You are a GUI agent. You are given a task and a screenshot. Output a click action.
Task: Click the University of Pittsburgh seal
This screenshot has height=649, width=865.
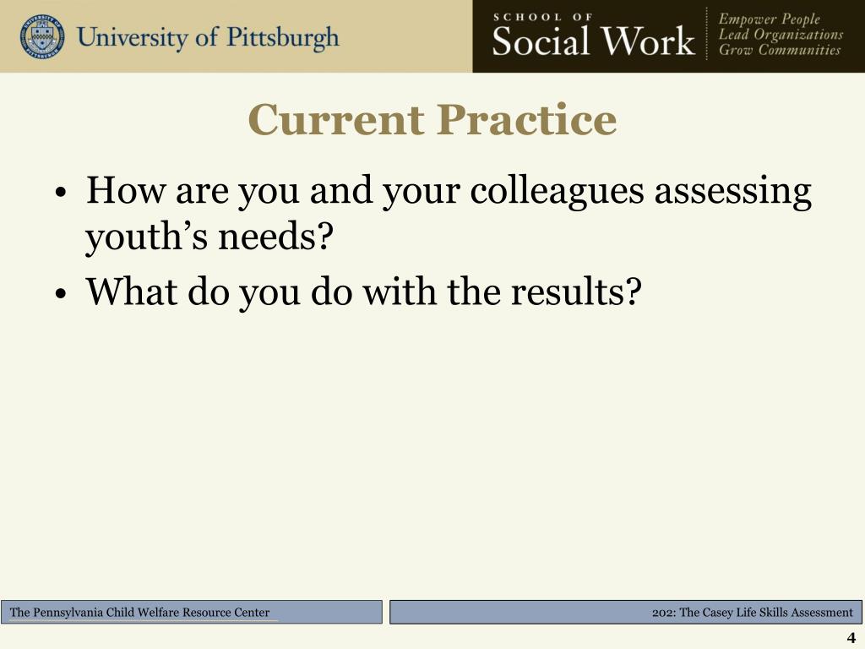tap(41, 36)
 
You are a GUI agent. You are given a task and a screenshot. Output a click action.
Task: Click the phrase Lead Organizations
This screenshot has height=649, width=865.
tap(781, 35)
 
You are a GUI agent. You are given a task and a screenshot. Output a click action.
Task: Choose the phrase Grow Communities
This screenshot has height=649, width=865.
tap(779, 50)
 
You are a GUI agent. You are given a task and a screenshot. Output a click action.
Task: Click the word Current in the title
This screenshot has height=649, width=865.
tap(336, 120)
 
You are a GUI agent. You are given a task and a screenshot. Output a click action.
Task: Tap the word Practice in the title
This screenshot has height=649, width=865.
tap(526, 120)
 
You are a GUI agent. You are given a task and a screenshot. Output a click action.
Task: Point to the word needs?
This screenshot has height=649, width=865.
tap(274, 240)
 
